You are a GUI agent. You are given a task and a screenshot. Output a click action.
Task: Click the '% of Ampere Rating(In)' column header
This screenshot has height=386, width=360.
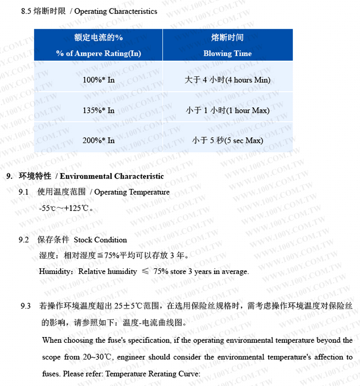coord(99,54)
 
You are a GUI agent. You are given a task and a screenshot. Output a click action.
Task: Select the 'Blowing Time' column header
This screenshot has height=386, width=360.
coord(227,54)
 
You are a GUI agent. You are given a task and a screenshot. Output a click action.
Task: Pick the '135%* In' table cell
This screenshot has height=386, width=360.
coord(99,110)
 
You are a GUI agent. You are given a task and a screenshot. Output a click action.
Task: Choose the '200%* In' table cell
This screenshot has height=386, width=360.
coord(99,140)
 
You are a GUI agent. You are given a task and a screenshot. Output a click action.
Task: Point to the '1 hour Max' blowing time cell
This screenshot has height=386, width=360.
coord(227,110)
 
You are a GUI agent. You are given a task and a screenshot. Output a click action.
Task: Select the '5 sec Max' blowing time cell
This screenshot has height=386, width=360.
coord(227,140)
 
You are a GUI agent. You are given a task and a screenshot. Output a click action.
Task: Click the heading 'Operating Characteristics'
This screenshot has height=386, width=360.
coord(116,11)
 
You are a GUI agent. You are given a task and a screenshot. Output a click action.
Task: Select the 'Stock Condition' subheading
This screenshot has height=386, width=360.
coord(100,240)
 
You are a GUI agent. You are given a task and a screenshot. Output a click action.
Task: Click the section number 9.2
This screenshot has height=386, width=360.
coord(24,240)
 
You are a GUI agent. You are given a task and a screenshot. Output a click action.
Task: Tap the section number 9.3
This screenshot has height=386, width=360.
coord(26,306)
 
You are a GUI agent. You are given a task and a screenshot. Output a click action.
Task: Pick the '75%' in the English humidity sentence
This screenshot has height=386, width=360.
coord(161,272)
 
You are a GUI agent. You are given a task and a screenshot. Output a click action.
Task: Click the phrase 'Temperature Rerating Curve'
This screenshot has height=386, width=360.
coord(153,374)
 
